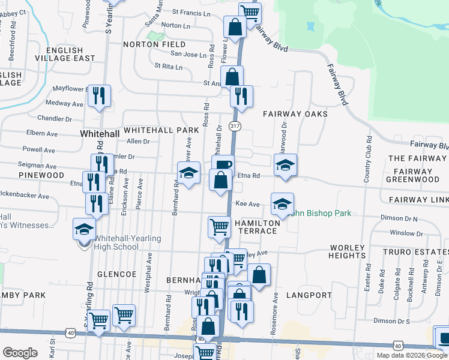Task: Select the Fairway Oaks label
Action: pyautogui.click(x=295, y=114)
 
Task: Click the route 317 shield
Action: pyautogui.click(x=235, y=126)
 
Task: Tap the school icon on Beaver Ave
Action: pyautogui.click(x=188, y=173)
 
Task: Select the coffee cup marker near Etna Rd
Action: pyautogui.click(x=222, y=165)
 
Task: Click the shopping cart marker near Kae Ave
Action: pyautogui.click(x=219, y=227)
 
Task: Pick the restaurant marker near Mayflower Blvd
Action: pyautogui.click(x=99, y=95)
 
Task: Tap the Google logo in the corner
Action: pyautogui.click(x=20, y=353)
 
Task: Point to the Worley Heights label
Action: pyautogui.click(x=347, y=251)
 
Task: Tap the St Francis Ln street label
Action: pyautogui.click(x=192, y=11)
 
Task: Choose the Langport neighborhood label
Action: pyautogui.click(x=309, y=295)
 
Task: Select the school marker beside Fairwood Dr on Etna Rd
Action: pyautogui.click(x=285, y=165)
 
